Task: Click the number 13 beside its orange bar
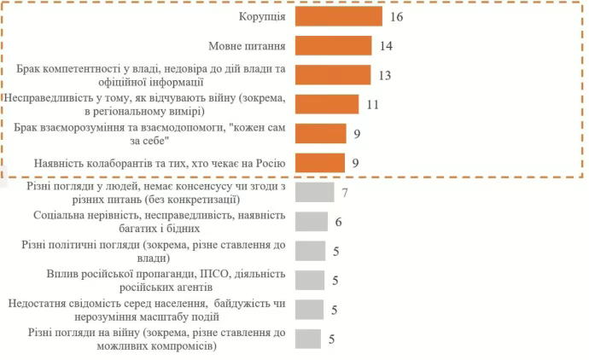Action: [x=384, y=75]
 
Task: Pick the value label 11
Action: [x=372, y=104]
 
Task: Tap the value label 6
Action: [x=339, y=222]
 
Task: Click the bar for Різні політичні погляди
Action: [x=310, y=251]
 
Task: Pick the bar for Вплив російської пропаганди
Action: [x=310, y=280]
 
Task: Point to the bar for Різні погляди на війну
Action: [x=308, y=339]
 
